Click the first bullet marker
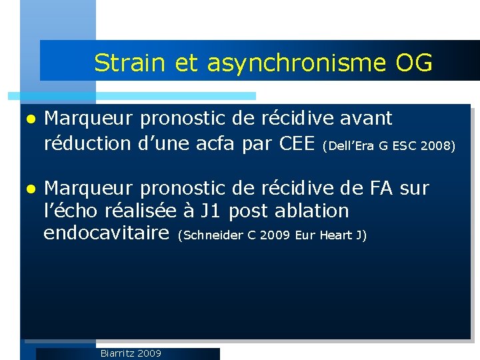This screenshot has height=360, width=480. pyautogui.click(x=29, y=119)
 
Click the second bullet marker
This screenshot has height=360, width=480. pyautogui.click(x=29, y=189)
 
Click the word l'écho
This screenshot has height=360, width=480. pyautogui.click(x=70, y=211)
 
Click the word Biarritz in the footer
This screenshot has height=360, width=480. pyautogui.click(x=117, y=353)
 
